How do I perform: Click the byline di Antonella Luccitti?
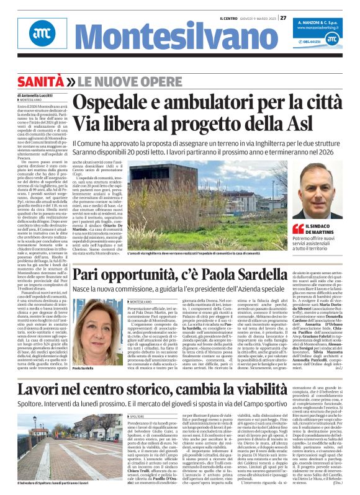click(39, 95)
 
